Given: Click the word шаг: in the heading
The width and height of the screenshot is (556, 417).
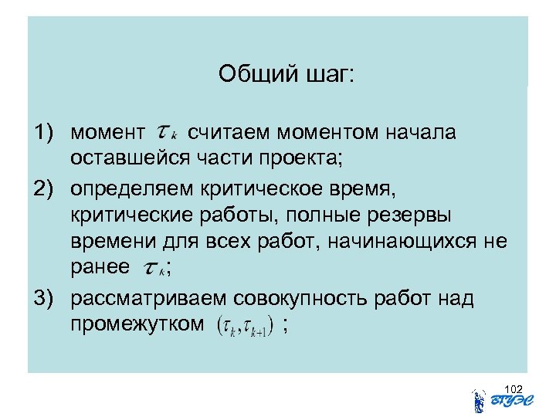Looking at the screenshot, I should (324, 75).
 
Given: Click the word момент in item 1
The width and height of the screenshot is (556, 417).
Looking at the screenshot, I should (107, 134).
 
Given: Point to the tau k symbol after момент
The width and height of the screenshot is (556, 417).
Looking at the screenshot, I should (167, 132).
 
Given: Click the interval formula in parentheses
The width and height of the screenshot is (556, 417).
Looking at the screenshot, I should (243, 326).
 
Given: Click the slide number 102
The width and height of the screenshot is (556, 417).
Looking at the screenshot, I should (514, 388).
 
